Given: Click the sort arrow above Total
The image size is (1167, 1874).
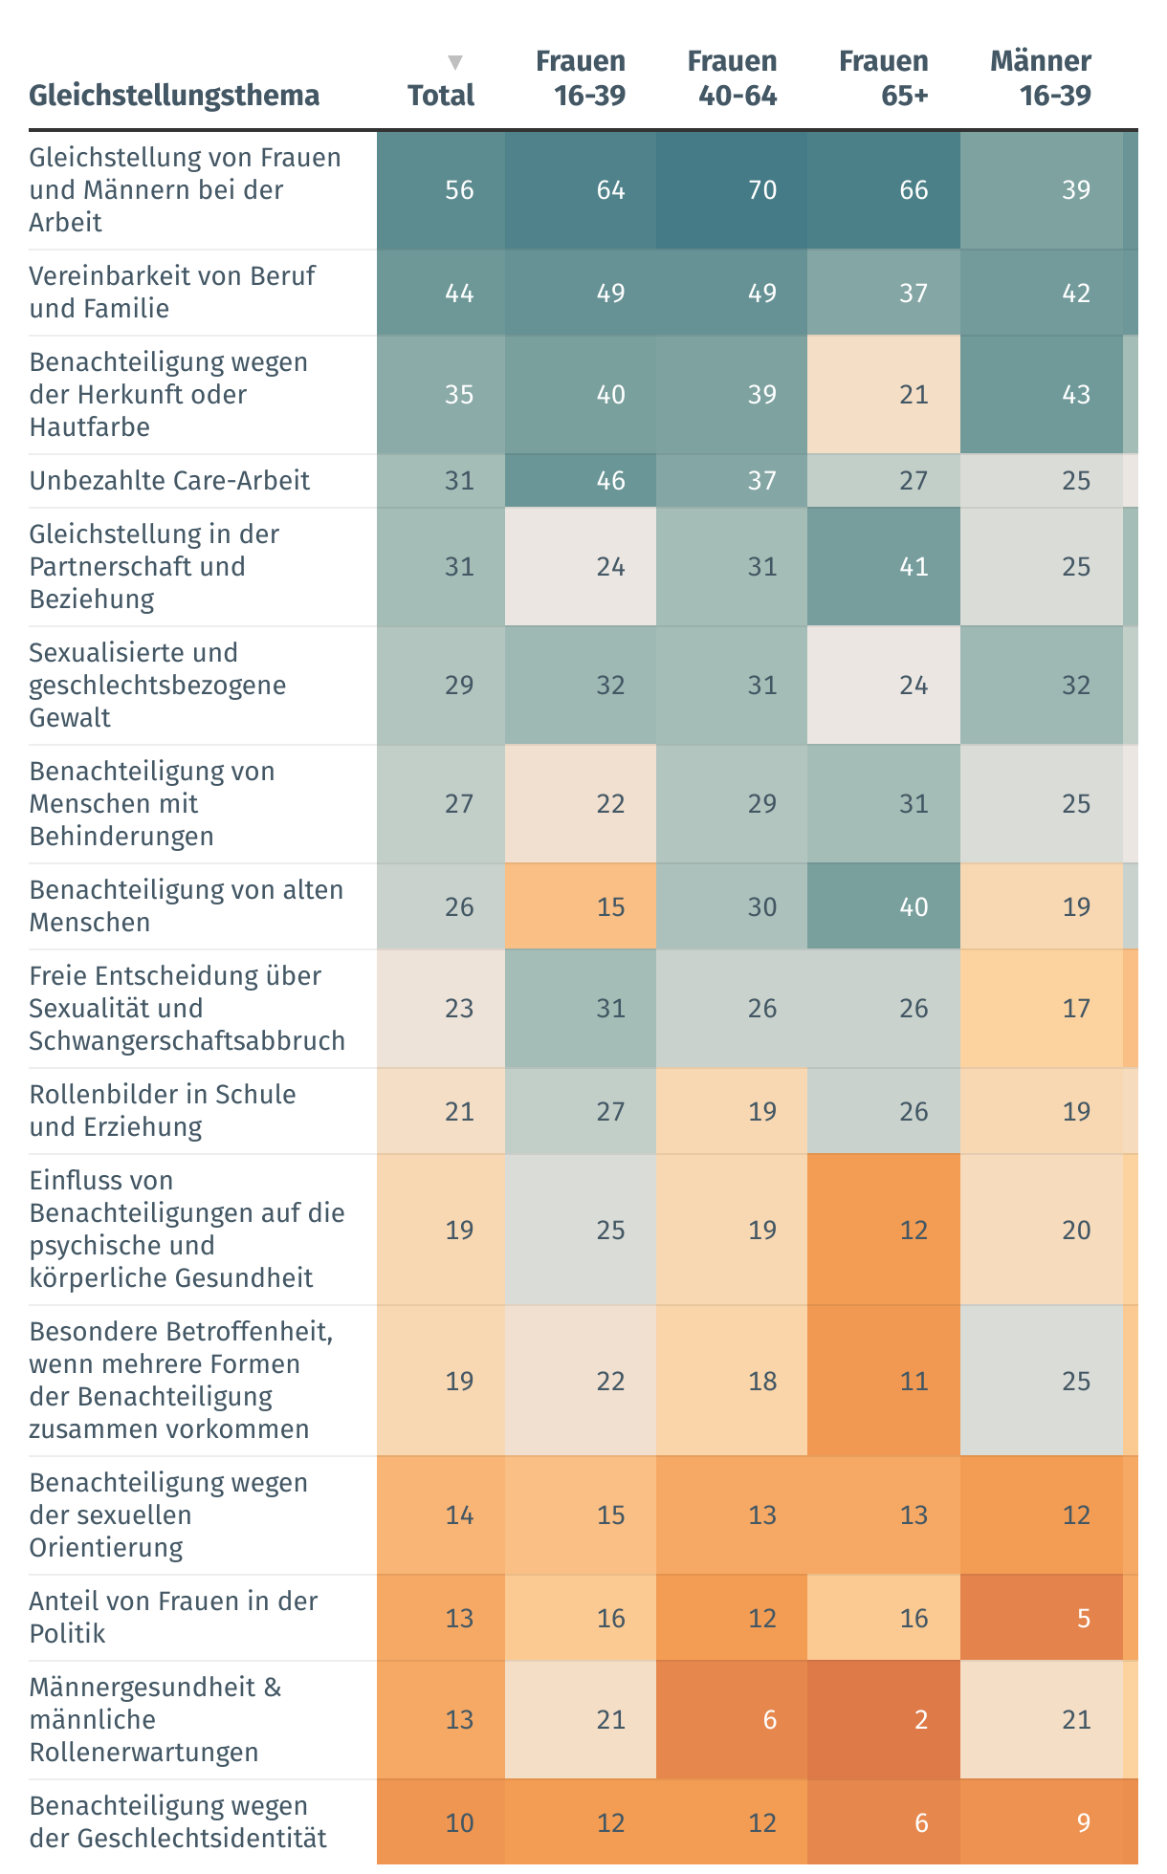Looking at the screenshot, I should [455, 63].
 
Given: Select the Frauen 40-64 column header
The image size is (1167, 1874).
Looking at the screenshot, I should [732, 78].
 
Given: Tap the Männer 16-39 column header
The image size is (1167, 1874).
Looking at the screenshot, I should [1041, 78].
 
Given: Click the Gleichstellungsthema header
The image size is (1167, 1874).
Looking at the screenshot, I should [174, 96].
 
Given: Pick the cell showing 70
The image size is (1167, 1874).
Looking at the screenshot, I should [761, 190].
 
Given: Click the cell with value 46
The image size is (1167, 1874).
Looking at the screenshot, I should [610, 481].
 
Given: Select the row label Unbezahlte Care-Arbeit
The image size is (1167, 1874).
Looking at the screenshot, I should [169, 481].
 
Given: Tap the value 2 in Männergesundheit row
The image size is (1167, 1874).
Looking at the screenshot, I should [920, 1720].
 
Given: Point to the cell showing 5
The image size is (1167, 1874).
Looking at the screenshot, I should [1083, 1619].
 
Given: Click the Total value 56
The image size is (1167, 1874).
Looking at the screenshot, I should [459, 190].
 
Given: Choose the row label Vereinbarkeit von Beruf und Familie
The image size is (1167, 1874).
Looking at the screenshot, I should [172, 293].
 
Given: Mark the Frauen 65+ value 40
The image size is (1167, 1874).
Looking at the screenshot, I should [914, 907].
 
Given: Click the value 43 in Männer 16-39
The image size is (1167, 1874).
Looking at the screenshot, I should [1075, 395].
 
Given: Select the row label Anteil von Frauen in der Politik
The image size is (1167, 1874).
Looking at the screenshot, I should [173, 1618].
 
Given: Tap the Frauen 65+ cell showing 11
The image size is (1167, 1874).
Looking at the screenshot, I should [914, 1382].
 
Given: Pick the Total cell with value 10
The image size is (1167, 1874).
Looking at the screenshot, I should [459, 1823].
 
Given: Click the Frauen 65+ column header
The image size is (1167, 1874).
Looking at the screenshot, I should [883, 78].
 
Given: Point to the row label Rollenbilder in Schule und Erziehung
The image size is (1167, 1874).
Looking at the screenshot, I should [163, 1111].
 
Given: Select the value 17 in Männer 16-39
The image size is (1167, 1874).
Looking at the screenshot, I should [1075, 1009].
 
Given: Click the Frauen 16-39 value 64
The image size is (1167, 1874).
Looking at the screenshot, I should [610, 190].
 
